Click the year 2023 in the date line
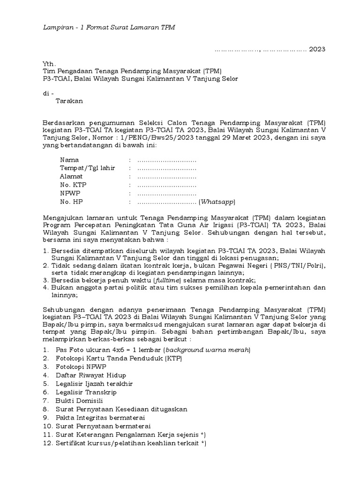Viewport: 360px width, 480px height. (x=317, y=49)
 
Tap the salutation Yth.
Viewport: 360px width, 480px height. (x=49, y=63)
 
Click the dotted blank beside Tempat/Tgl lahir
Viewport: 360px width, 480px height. (x=166, y=168)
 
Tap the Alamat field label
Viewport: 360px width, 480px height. (x=71, y=177)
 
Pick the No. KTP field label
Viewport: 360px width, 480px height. (x=73, y=185)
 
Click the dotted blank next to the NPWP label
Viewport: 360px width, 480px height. (x=166, y=194)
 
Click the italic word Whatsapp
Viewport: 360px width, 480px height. (x=217, y=202)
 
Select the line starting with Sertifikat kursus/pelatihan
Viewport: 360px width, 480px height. (x=130, y=443)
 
